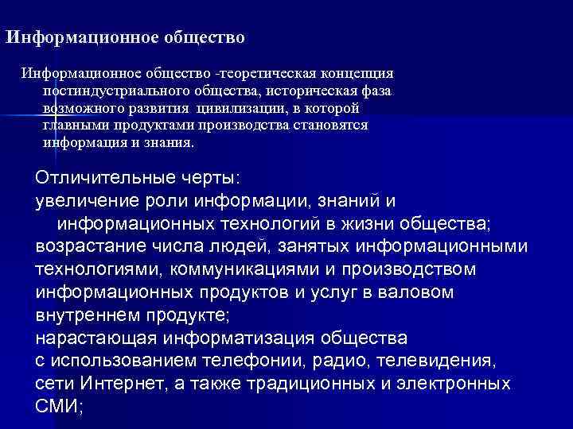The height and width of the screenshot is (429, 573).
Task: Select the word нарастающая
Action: pyautogui.click(x=95, y=338)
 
